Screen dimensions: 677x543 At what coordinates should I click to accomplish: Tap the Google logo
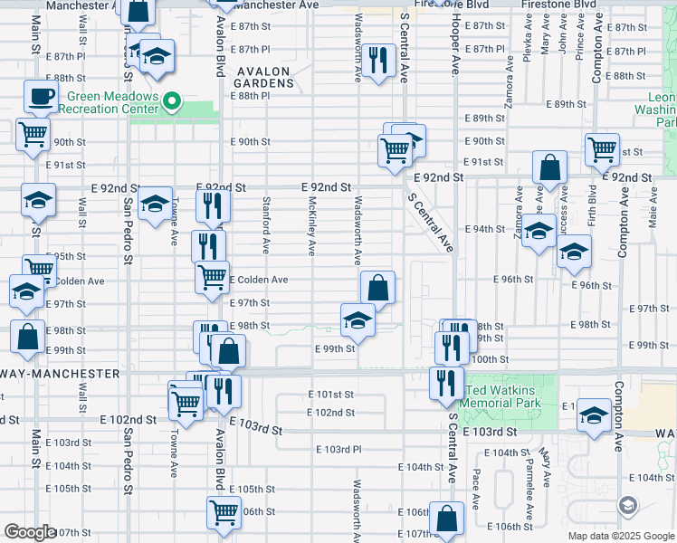tap(30, 532)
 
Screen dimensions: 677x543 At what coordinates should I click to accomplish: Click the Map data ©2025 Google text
tap(620, 536)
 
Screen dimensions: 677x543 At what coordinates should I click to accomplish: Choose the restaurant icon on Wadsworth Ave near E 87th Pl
tap(379, 60)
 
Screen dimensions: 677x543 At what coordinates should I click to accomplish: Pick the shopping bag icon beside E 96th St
tap(377, 288)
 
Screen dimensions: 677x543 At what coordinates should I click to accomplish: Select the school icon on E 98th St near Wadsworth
tap(358, 319)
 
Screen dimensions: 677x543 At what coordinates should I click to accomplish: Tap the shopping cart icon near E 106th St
tap(224, 512)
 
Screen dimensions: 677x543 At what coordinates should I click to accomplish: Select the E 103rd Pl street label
tap(339, 449)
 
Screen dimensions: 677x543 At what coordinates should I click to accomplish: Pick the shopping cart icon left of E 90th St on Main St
tap(33, 135)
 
